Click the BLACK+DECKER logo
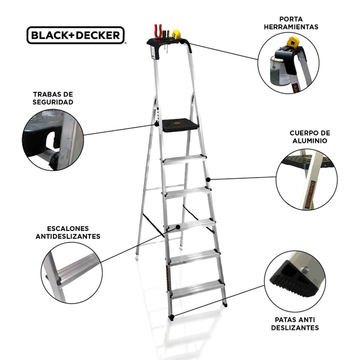76,35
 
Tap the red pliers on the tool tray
158,31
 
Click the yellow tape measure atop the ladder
176,34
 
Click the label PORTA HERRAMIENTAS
291,23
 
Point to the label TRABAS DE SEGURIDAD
53,98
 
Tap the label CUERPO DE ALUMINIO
310,137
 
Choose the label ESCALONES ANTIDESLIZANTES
68,232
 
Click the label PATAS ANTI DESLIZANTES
295,323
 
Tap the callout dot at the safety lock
157,124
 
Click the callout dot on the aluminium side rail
208,179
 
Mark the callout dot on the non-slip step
178,227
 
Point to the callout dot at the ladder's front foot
172,317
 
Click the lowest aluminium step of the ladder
197,289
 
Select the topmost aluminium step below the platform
184,159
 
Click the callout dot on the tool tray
182,42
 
